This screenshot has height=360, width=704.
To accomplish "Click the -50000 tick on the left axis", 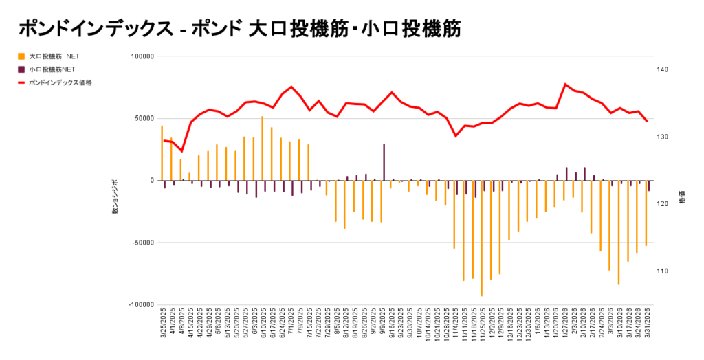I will (140, 243).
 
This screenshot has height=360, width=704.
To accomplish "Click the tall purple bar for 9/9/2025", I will (384, 162).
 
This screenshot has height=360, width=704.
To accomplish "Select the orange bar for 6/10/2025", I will (263, 148).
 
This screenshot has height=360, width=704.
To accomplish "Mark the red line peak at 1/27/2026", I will (565, 85).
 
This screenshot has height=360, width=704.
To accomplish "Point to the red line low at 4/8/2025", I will (181, 151).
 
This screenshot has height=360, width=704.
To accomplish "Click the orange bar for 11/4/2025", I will (454, 214).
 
